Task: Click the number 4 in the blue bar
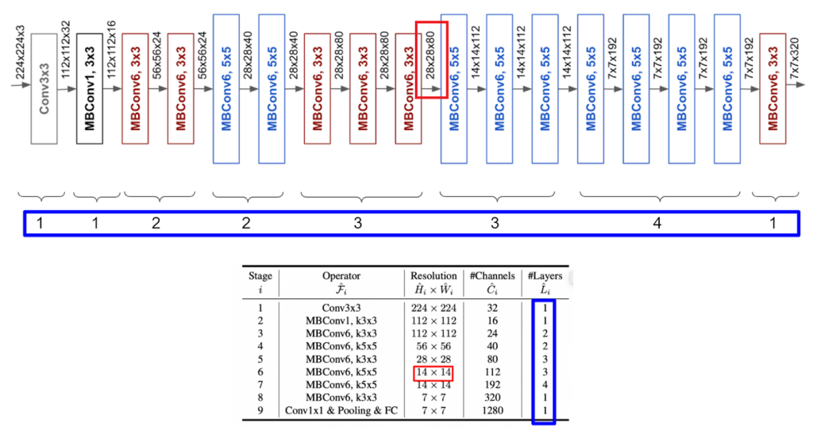click(657, 224)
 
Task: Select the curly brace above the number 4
click(657, 195)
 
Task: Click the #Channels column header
click(492, 276)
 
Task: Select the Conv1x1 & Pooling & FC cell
click(341, 410)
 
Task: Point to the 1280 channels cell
click(492, 410)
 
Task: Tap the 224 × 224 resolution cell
click(433, 307)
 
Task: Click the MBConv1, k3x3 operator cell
click(341, 321)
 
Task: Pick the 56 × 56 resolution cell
click(433, 346)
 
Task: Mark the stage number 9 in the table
click(260, 410)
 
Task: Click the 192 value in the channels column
click(492, 384)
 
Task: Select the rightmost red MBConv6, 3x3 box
click(772, 88)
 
